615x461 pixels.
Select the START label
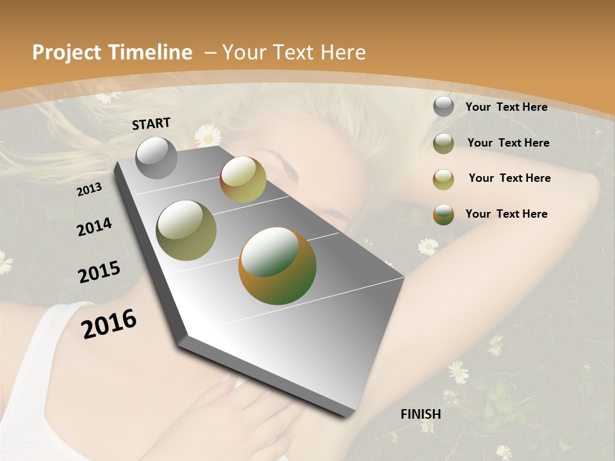(x=151, y=124)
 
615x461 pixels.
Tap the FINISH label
(x=421, y=414)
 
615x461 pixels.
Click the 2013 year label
(x=90, y=189)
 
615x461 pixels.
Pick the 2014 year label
(x=94, y=227)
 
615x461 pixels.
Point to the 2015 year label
(x=99, y=272)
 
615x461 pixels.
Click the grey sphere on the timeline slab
(x=156, y=158)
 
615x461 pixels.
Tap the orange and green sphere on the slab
(x=277, y=265)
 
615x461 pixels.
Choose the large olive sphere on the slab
(x=186, y=230)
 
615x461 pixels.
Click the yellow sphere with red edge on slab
(x=243, y=179)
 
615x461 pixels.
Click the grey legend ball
(x=443, y=107)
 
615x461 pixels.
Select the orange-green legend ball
(x=443, y=214)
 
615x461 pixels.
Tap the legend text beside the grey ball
(x=506, y=107)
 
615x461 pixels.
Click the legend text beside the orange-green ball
(x=506, y=214)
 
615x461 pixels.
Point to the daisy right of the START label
(x=208, y=135)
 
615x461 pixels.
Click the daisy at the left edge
(x=4, y=262)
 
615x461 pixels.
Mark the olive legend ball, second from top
(x=443, y=143)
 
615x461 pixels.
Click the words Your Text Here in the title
(x=294, y=53)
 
